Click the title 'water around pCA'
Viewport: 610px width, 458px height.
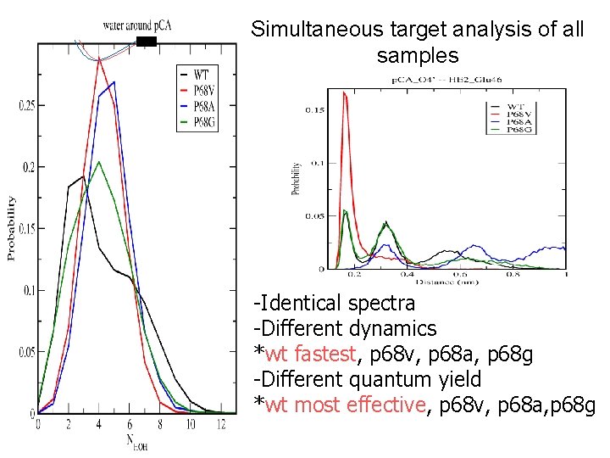(x=136, y=25)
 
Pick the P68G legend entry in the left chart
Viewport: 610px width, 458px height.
(x=203, y=122)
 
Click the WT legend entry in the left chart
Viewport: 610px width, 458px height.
(x=202, y=74)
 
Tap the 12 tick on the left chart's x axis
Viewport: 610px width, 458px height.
(x=222, y=424)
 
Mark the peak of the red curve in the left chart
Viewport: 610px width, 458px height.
(x=99, y=59)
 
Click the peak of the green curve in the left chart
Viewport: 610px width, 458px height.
(x=99, y=162)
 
